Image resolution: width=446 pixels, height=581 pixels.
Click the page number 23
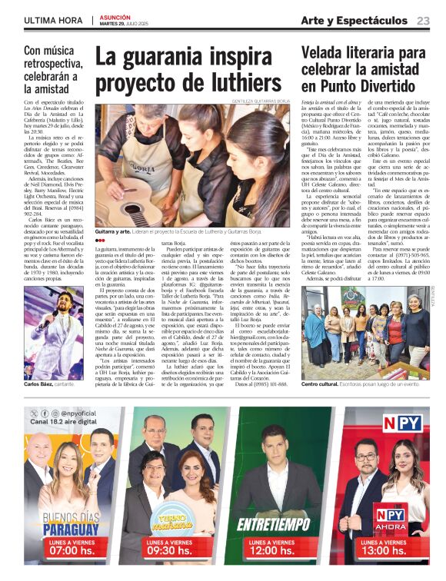coord(423,21)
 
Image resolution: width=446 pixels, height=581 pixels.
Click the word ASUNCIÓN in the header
coord(117,16)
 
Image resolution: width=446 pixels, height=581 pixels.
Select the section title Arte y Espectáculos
coord(354,21)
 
